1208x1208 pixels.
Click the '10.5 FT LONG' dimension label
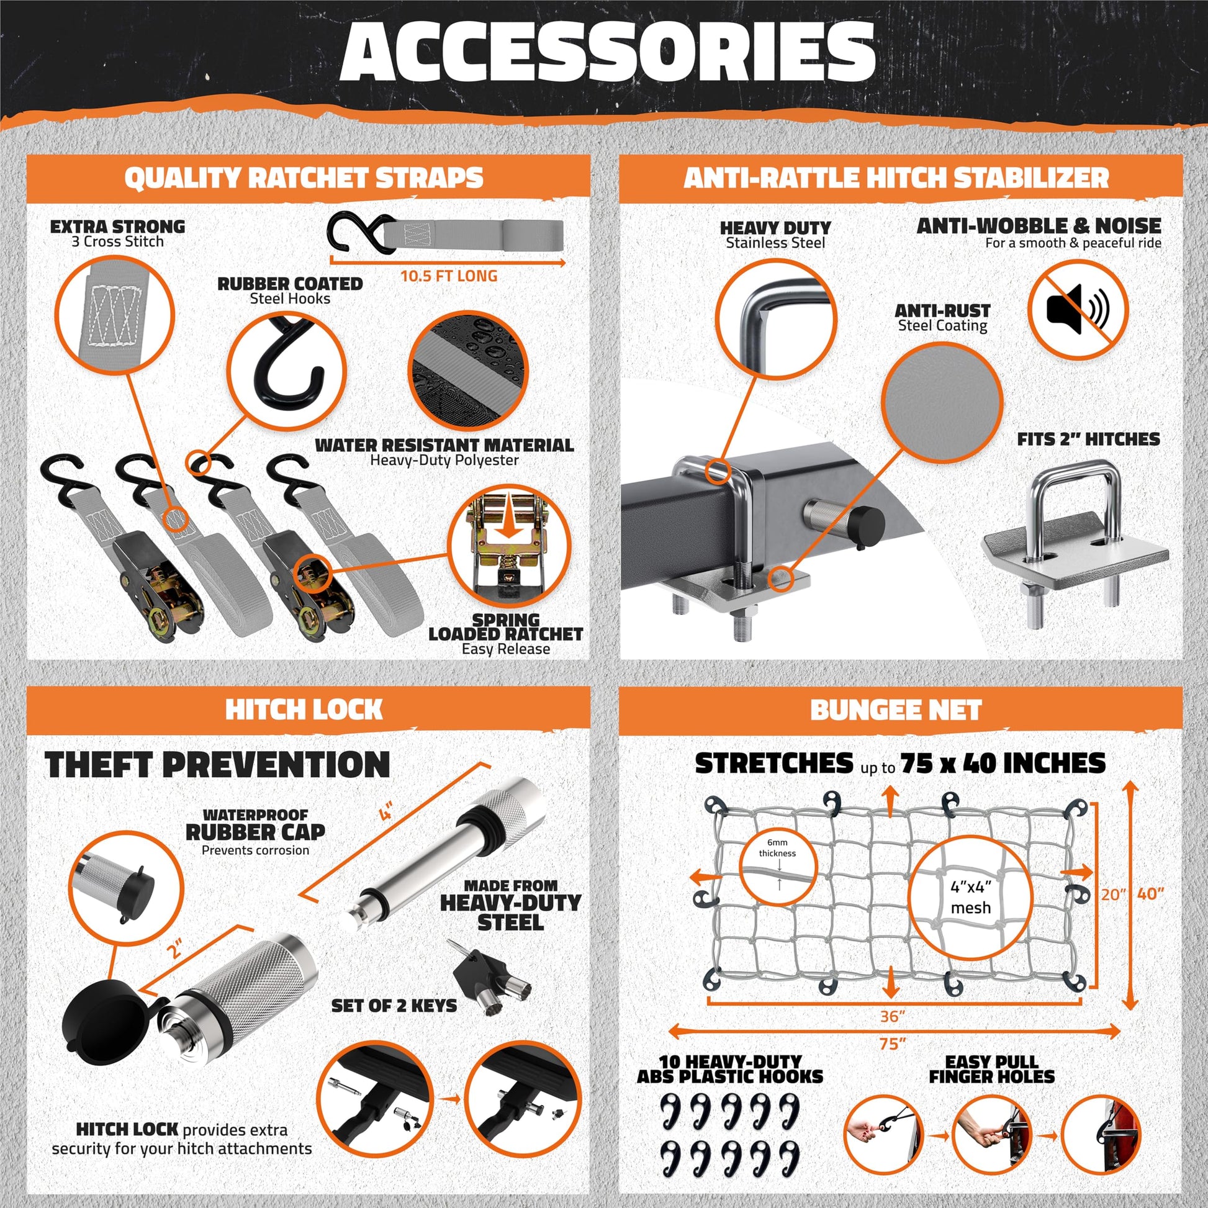point(448,276)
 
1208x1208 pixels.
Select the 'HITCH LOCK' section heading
point(304,710)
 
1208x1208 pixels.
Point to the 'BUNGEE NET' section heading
point(896,710)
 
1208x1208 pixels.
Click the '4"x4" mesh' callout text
point(970,896)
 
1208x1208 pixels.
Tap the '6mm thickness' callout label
point(777,848)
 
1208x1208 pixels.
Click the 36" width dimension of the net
point(892,1016)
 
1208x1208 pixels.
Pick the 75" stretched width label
point(892,1043)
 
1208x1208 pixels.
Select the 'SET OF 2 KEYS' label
point(394,1006)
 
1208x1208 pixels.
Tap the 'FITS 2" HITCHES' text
point(1088,439)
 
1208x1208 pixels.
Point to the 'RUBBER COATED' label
point(290,284)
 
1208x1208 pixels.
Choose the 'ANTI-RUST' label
point(942,311)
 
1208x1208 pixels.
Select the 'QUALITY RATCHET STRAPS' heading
point(304,178)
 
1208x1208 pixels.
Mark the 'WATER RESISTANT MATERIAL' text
point(444,445)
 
